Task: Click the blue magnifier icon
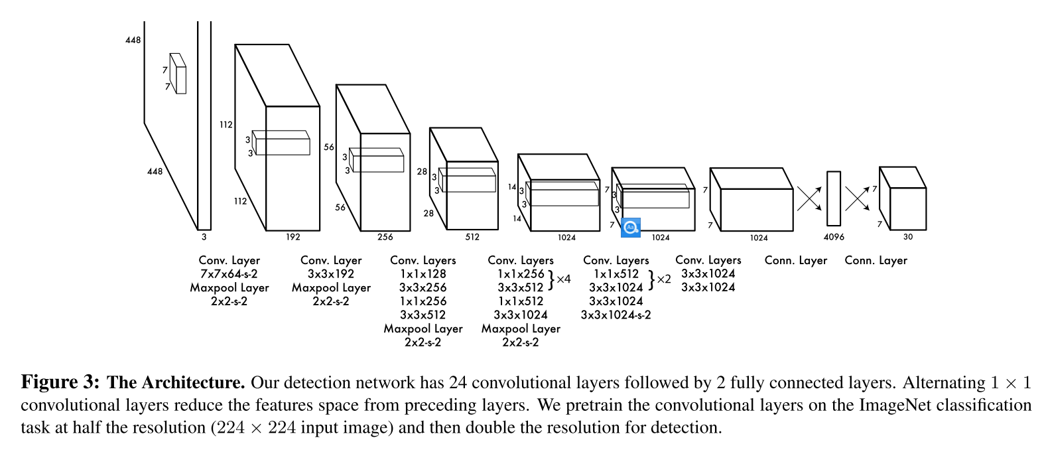pos(630,227)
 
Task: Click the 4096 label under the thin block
pos(834,237)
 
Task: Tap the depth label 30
pos(907,237)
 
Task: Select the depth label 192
pos(293,237)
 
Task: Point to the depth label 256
pos(385,237)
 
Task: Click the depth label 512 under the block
pos(472,237)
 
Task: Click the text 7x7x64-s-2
pos(229,274)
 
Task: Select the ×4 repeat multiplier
pos(563,279)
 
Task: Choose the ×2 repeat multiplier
pos(663,279)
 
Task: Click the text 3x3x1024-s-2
pos(616,315)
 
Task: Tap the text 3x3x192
pos(331,274)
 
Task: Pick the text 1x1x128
pos(423,274)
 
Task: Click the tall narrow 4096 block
pos(833,198)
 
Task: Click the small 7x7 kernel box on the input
pos(178,74)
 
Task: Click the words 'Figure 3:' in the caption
pos(60,383)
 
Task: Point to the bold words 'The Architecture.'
pos(176,383)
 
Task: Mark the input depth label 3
pos(204,237)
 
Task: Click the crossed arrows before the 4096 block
pos(809,198)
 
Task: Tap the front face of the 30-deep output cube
pos(907,209)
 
